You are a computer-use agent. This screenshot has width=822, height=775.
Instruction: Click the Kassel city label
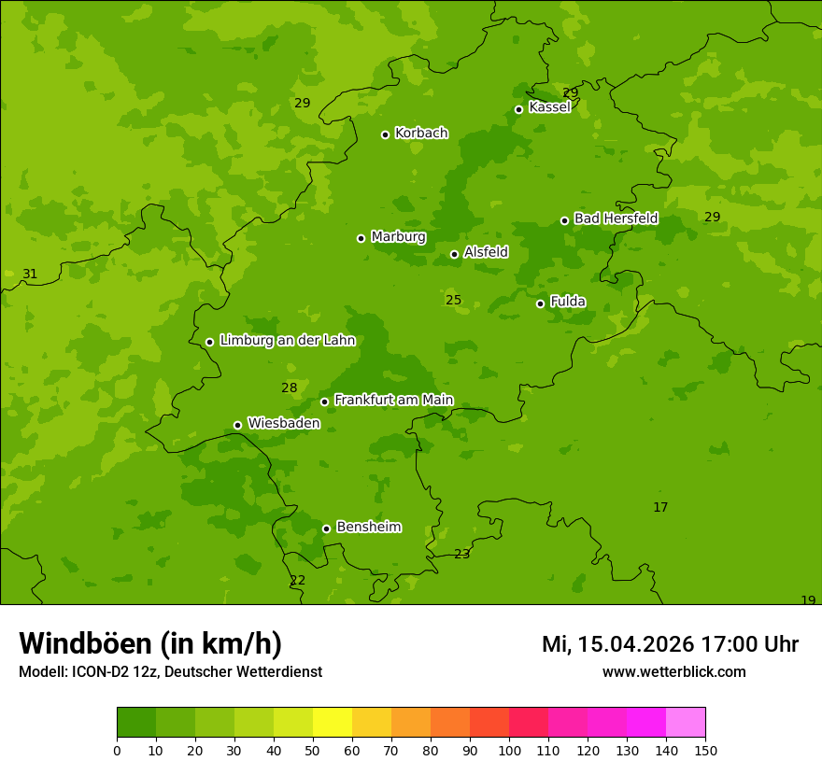[x=549, y=107]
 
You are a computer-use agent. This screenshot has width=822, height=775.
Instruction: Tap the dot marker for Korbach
[x=385, y=134]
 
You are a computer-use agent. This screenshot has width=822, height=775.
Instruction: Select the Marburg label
[x=398, y=237]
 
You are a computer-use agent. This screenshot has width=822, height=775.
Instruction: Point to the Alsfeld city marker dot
[x=454, y=254]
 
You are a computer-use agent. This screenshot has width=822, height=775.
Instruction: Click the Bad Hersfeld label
[x=616, y=218]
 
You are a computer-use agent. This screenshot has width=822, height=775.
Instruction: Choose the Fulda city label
[x=568, y=302]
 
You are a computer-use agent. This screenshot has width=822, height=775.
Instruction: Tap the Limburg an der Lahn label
[x=288, y=341]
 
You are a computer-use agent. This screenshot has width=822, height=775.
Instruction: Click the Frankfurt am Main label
[x=393, y=400]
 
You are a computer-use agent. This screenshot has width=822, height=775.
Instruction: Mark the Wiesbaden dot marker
[x=237, y=425]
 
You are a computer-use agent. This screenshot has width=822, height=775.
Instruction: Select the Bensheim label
[x=368, y=527]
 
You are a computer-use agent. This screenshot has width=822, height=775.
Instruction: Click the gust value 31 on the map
[x=30, y=274]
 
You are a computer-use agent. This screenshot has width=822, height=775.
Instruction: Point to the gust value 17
[x=660, y=507]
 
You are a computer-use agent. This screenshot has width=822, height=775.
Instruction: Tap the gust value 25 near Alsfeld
[x=453, y=300]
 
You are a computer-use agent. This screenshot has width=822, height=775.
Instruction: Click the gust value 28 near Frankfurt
[x=290, y=387]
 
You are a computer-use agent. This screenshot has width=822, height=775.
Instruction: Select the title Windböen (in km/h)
[x=150, y=643]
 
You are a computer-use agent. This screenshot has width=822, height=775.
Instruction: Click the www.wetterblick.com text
[x=673, y=671]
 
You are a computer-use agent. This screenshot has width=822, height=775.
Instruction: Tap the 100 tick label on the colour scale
[x=509, y=750]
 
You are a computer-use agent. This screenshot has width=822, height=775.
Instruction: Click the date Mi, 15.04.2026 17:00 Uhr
[x=670, y=644]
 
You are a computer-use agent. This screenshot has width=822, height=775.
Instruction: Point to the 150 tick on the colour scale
[x=705, y=750]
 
